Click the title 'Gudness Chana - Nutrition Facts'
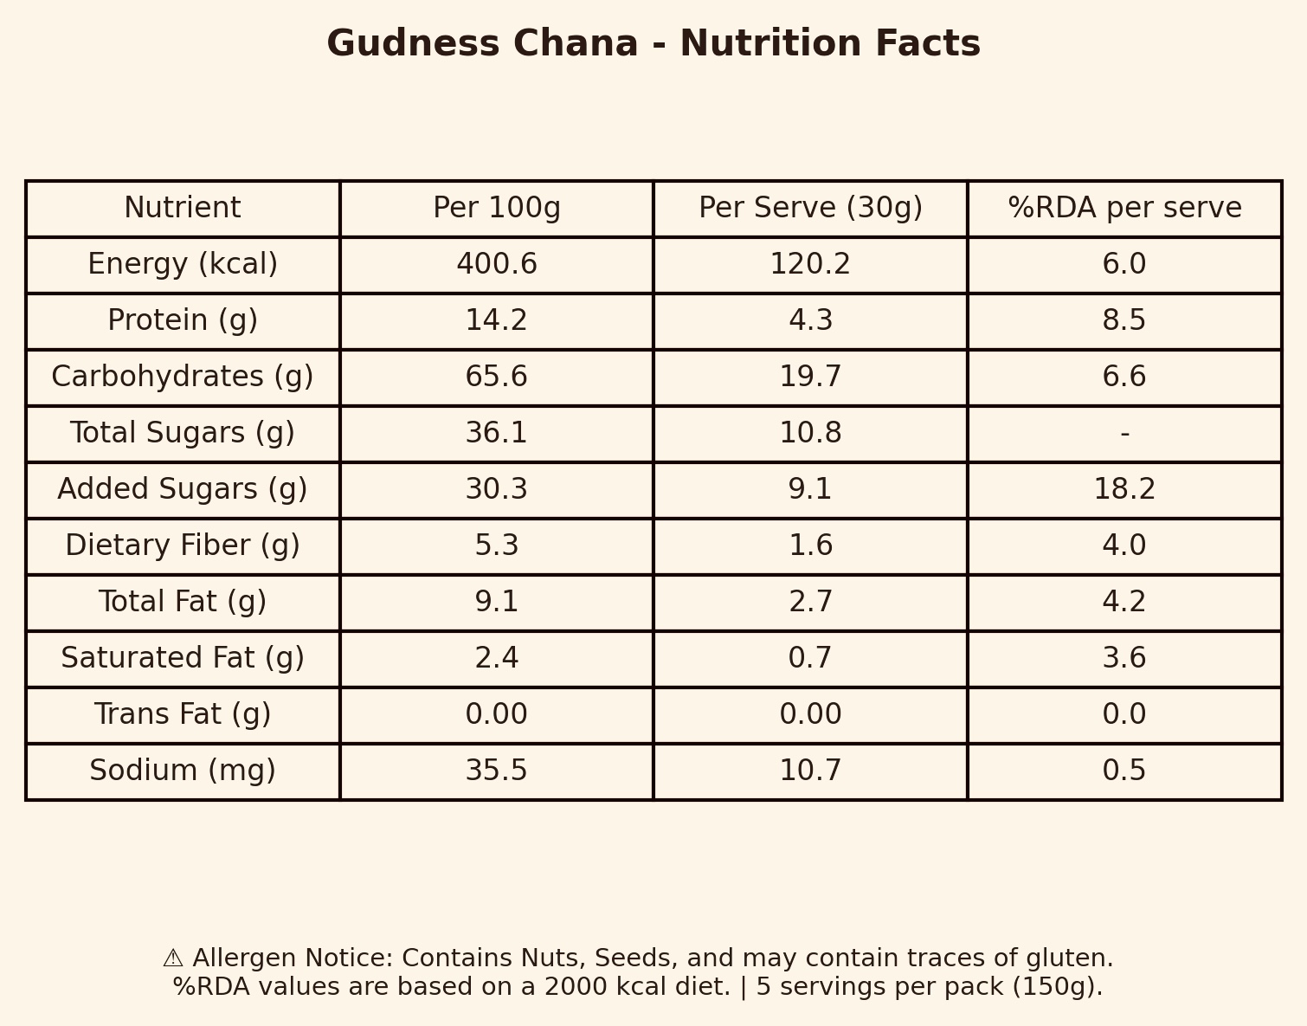point(653,44)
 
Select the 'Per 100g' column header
point(497,209)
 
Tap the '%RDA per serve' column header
point(1124,209)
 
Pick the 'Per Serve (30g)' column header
point(810,209)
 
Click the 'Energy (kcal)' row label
point(183,265)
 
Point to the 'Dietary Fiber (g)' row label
point(183,546)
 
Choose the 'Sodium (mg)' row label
point(183,771)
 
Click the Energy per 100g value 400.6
point(497,265)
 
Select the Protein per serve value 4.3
point(810,321)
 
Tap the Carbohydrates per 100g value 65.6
point(497,377)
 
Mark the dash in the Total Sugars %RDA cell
point(1124,434)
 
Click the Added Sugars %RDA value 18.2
point(1124,490)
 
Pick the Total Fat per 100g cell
point(497,603)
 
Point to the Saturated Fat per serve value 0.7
point(810,659)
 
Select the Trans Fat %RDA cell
point(1124,715)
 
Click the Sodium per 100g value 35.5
point(497,771)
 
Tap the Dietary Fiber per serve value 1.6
point(810,546)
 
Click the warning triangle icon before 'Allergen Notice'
point(173,958)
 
